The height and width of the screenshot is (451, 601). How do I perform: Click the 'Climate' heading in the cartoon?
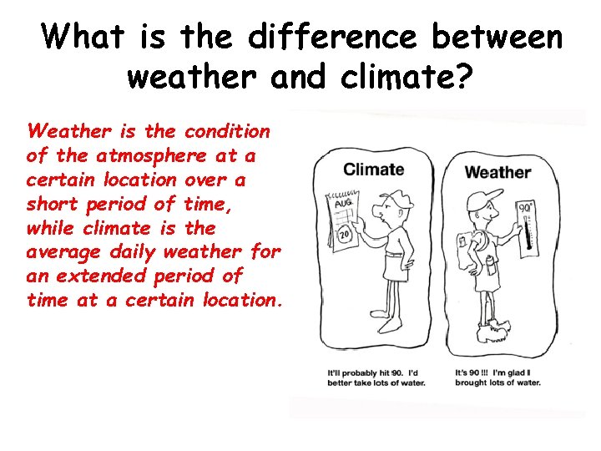[373, 170]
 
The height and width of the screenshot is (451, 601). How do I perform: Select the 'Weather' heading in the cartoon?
[497, 173]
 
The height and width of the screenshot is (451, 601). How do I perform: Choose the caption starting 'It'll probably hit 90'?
[376, 377]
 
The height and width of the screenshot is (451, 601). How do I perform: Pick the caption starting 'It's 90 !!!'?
[497, 377]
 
